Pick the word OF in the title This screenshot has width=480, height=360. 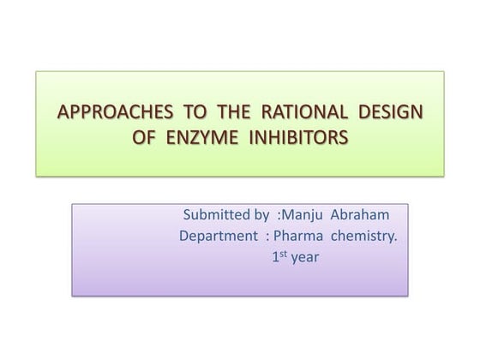click(148, 137)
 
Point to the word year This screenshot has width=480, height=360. click(305, 256)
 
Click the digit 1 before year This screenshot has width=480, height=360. click(275, 255)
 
